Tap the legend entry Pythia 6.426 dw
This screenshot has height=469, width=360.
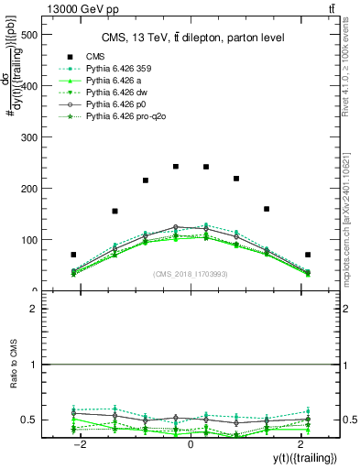(119, 93)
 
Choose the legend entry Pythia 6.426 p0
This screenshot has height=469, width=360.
(119, 105)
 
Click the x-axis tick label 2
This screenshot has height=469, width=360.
(300, 443)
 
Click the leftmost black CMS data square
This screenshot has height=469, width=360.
(73, 255)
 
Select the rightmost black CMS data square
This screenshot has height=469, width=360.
(308, 255)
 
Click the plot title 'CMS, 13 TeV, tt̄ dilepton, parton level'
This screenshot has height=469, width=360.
(191, 37)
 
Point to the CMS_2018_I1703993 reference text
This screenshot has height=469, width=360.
(191, 274)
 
